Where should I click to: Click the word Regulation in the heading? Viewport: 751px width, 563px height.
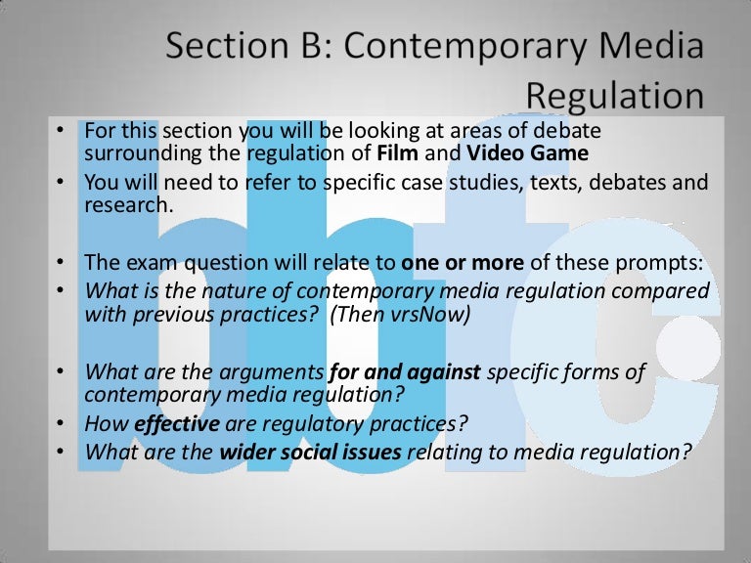[x=615, y=96]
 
